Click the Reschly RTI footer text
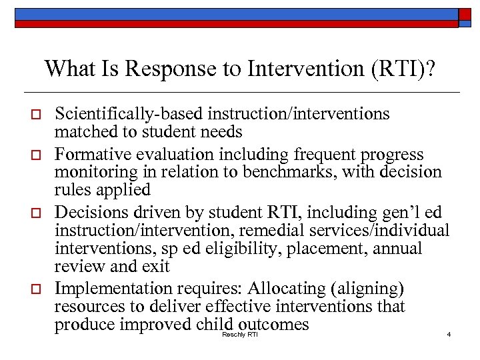tap(239, 334)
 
